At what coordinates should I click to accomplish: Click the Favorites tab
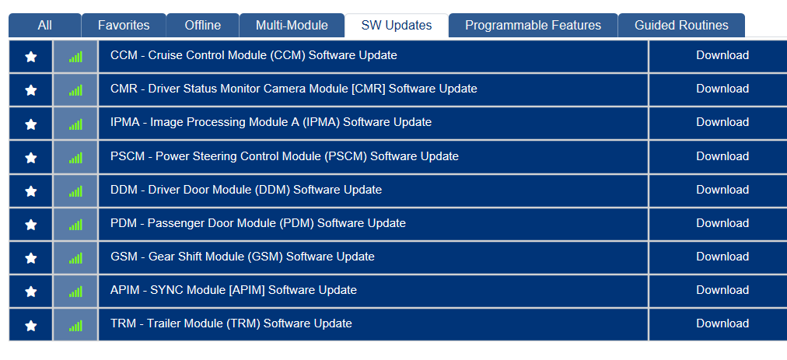pos(124,25)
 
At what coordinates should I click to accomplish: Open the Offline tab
pos(202,25)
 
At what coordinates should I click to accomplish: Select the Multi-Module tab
pos(292,25)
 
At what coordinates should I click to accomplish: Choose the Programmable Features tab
pos(533,25)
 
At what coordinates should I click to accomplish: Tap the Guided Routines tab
pos(681,25)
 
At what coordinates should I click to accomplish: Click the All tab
pos(44,25)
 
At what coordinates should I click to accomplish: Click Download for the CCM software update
pos(722,55)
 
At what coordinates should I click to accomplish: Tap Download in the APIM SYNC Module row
pos(722,290)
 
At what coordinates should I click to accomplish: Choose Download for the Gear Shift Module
pos(722,257)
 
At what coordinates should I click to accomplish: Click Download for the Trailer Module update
pos(722,324)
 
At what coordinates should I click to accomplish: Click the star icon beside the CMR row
pos(31,90)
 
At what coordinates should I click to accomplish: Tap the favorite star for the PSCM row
pos(31,158)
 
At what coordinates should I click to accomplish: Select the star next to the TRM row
pos(31,325)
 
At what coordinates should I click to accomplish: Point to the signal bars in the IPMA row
pos(75,124)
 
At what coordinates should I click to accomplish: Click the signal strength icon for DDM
pos(75,191)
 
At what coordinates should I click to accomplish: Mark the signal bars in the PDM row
pos(75,225)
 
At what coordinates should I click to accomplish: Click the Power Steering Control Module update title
pos(285,156)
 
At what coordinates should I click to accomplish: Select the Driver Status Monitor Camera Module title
pos(294,89)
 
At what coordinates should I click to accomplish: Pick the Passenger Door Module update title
pos(258,223)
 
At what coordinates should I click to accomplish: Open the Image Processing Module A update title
pos(271,123)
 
